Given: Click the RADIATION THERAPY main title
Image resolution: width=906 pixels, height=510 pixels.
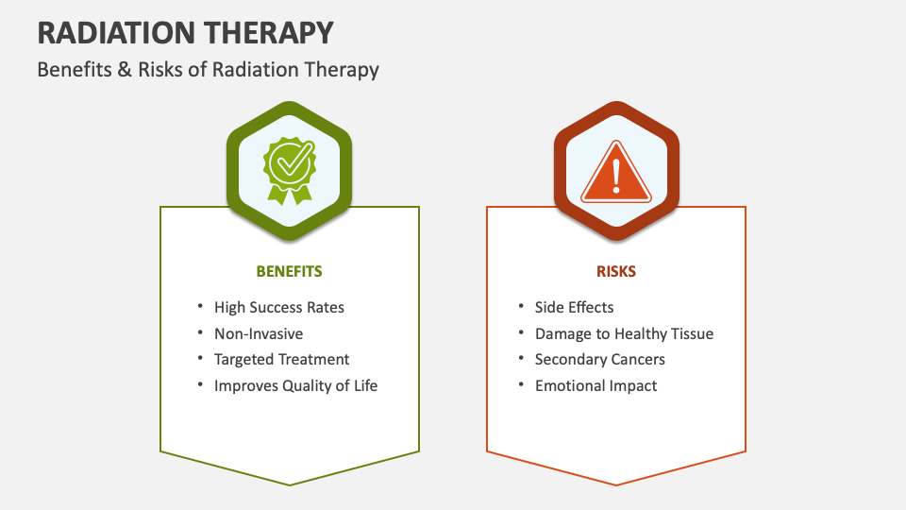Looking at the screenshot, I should tap(185, 33).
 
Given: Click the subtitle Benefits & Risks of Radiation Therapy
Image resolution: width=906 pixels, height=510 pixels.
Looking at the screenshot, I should tap(208, 70).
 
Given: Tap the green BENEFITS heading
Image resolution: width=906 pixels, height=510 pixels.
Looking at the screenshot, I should tap(289, 271).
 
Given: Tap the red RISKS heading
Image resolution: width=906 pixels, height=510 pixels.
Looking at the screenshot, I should tap(616, 271).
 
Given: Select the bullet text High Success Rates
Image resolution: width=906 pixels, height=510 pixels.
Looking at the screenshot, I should tap(278, 307).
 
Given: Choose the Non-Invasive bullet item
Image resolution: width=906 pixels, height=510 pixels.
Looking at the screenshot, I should tap(258, 333).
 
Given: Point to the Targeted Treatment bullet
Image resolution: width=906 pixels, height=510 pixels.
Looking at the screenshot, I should tap(281, 359).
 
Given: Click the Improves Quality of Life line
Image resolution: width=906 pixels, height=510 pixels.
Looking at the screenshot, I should tap(295, 385).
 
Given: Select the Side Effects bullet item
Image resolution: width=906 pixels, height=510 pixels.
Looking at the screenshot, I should tap(574, 307).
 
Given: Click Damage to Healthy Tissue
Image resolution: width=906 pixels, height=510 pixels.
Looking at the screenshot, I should tap(624, 333).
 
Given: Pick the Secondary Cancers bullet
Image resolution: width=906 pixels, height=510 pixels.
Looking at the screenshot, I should tap(599, 359).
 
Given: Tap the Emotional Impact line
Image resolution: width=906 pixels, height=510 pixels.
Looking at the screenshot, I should tap(596, 385).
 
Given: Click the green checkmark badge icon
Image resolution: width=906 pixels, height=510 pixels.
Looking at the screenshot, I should tap(289, 168).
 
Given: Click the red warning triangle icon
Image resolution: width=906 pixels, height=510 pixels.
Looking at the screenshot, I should tap(616, 171).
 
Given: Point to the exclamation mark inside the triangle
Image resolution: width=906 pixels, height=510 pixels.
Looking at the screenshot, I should tap(616, 174).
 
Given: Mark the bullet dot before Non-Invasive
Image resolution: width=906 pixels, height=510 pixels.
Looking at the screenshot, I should tap(200, 333).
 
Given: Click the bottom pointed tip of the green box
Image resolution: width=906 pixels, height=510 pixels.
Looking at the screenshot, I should tap(290, 484).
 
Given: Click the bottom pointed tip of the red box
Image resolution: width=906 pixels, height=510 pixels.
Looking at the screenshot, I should tap(616, 484).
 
